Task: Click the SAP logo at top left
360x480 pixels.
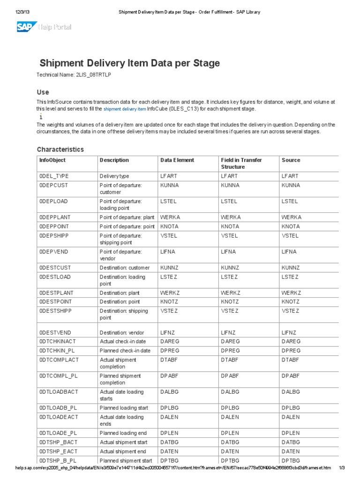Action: (27, 27)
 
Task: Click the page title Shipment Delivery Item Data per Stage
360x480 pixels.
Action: (129, 63)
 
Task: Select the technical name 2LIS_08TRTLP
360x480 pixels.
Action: (93, 75)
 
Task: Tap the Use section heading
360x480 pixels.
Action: (43, 92)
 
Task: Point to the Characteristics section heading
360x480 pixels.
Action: (60, 150)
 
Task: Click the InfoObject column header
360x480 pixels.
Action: (52, 160)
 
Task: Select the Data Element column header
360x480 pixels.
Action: (177, 160)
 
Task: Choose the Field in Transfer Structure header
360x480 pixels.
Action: (241, 163)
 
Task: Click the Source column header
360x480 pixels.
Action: (291, 160)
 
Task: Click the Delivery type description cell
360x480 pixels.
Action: (114, 176)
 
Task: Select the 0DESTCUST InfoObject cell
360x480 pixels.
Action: (55, 268)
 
